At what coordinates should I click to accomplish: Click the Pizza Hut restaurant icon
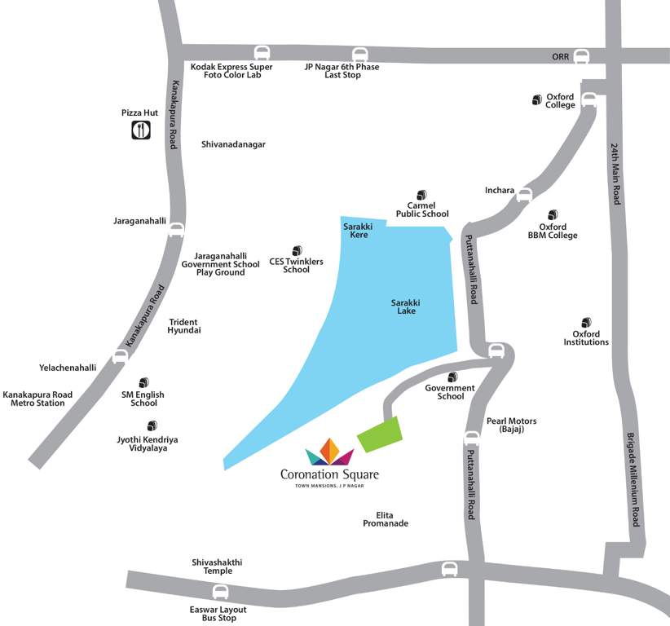140,129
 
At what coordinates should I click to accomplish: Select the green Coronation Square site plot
380,434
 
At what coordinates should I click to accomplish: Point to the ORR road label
554,55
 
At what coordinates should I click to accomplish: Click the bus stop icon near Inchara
524,194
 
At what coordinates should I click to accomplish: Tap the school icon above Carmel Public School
421,195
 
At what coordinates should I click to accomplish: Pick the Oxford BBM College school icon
553,214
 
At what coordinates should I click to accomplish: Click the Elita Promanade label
386,518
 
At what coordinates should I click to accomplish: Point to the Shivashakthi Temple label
217,566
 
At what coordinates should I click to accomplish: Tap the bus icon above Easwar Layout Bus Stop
220,593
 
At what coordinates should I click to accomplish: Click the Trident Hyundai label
184,326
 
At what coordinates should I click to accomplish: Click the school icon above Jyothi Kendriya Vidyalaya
152,425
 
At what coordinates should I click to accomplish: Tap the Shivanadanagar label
233,144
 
